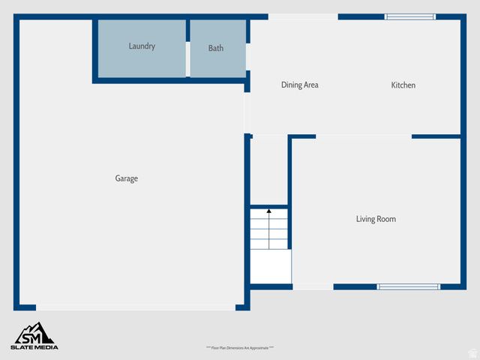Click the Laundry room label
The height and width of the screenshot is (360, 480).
tap(142, 46)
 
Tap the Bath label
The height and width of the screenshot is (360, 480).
tap(216, 49)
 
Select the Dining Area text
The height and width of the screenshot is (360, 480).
tap(300, 85)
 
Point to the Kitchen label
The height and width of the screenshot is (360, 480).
tap(403, 85)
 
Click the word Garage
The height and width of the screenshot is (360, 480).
tap(126, 178)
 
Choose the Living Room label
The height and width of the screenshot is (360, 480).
tap(376, 219)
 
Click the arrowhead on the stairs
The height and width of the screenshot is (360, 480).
tap(268, 212)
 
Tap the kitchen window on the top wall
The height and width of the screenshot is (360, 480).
tap(409, 16)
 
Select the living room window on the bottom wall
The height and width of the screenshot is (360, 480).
tap(408, 286)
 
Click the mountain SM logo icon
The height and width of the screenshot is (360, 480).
tap(34, 332)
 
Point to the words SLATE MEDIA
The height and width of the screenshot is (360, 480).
tap(34, 346)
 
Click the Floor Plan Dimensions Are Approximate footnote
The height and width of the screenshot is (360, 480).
tap(240, 348)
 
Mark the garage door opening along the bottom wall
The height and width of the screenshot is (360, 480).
tap(136, 307)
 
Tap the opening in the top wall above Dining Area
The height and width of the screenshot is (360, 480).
tap(303, 16)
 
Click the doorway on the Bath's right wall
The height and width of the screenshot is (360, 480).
tap(247, 60)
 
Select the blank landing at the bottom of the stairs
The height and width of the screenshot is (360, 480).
tap(270, 266)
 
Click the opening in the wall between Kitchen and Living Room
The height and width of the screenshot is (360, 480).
tap(363, 136)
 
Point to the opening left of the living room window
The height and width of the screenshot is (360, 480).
tap(313, 286)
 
